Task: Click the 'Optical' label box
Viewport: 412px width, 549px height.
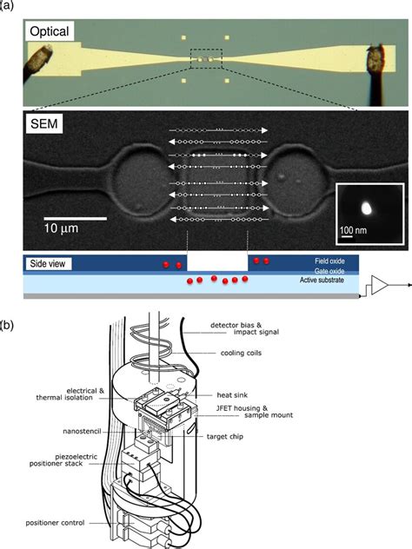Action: click(49, 31)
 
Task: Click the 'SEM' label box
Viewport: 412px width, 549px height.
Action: click(44, 124)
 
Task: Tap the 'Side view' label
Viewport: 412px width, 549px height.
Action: click(48, 264)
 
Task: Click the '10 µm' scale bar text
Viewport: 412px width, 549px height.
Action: click(61, 228)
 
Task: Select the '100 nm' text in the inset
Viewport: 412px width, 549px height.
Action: click(353, 230)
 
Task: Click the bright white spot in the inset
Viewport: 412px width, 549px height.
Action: click(367, 208)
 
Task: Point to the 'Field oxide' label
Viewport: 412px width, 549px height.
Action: click(329, 261)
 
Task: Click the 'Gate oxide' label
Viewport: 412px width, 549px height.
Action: click(329, 271)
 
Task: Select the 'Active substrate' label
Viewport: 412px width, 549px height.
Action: click(322, 280)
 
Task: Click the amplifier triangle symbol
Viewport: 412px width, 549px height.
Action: click(380, 285)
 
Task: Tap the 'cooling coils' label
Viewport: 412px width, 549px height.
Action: click(241, 353)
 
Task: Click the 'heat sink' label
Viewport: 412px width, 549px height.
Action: click(232, 395)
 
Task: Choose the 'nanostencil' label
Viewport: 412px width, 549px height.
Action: click(82, 432)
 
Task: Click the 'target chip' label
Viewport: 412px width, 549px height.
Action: click(225, 437)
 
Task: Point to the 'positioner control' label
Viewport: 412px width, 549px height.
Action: click(55, 523)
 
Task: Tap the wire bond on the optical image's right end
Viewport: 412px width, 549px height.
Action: click(375, 74)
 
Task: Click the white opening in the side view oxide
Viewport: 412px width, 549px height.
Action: click(217, 263)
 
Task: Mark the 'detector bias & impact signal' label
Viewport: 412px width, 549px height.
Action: click(244, 328)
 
